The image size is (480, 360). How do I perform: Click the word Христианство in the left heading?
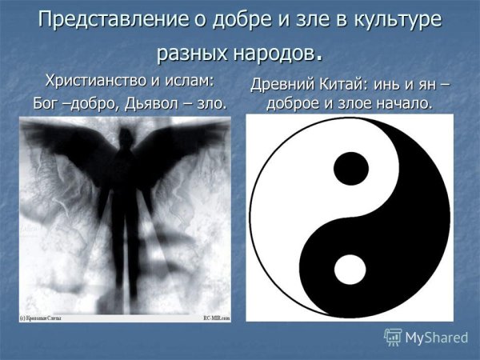(x=96, y=81)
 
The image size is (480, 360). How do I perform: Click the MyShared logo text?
(x=436, y=338)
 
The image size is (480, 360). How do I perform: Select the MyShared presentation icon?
(x=393, y=337)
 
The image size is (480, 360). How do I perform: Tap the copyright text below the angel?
(x=45, y=318)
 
